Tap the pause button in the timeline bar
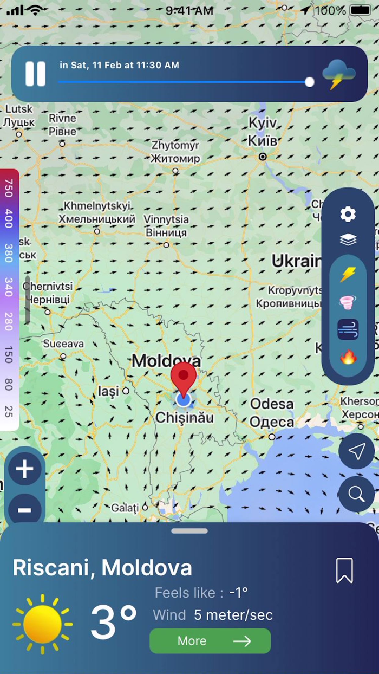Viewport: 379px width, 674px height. click(x=36, y=74)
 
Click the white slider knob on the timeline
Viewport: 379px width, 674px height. click(x=310, y=82)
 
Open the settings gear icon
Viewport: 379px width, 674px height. click(x=348, y=215)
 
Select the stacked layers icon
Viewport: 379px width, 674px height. click(x=348, y=239)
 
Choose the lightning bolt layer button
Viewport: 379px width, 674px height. click(x=348, y=275)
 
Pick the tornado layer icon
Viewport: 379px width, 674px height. click(x=348, y=302)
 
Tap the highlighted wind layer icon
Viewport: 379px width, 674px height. click(x=348, y=329)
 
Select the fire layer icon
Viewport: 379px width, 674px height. click(x=348, y=357)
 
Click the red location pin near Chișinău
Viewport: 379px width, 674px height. click(x=184, y=379)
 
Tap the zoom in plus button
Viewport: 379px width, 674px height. click(x=25, y=469)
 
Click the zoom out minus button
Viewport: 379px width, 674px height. click(x=25, y=510)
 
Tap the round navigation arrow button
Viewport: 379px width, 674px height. click(x=356, y=451)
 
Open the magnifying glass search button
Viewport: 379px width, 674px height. click(x=356, y=494)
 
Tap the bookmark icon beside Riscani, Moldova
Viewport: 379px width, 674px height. click(x=344, y=570)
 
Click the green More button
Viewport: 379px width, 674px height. click(x=210, y=641)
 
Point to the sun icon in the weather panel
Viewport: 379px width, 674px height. click(x=42, y=624)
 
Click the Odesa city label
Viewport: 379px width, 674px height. click(x=272, y=404)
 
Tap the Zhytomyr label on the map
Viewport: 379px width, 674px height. click(x=175, y=146)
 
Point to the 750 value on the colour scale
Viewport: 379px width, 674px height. click(x=9, y=187)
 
